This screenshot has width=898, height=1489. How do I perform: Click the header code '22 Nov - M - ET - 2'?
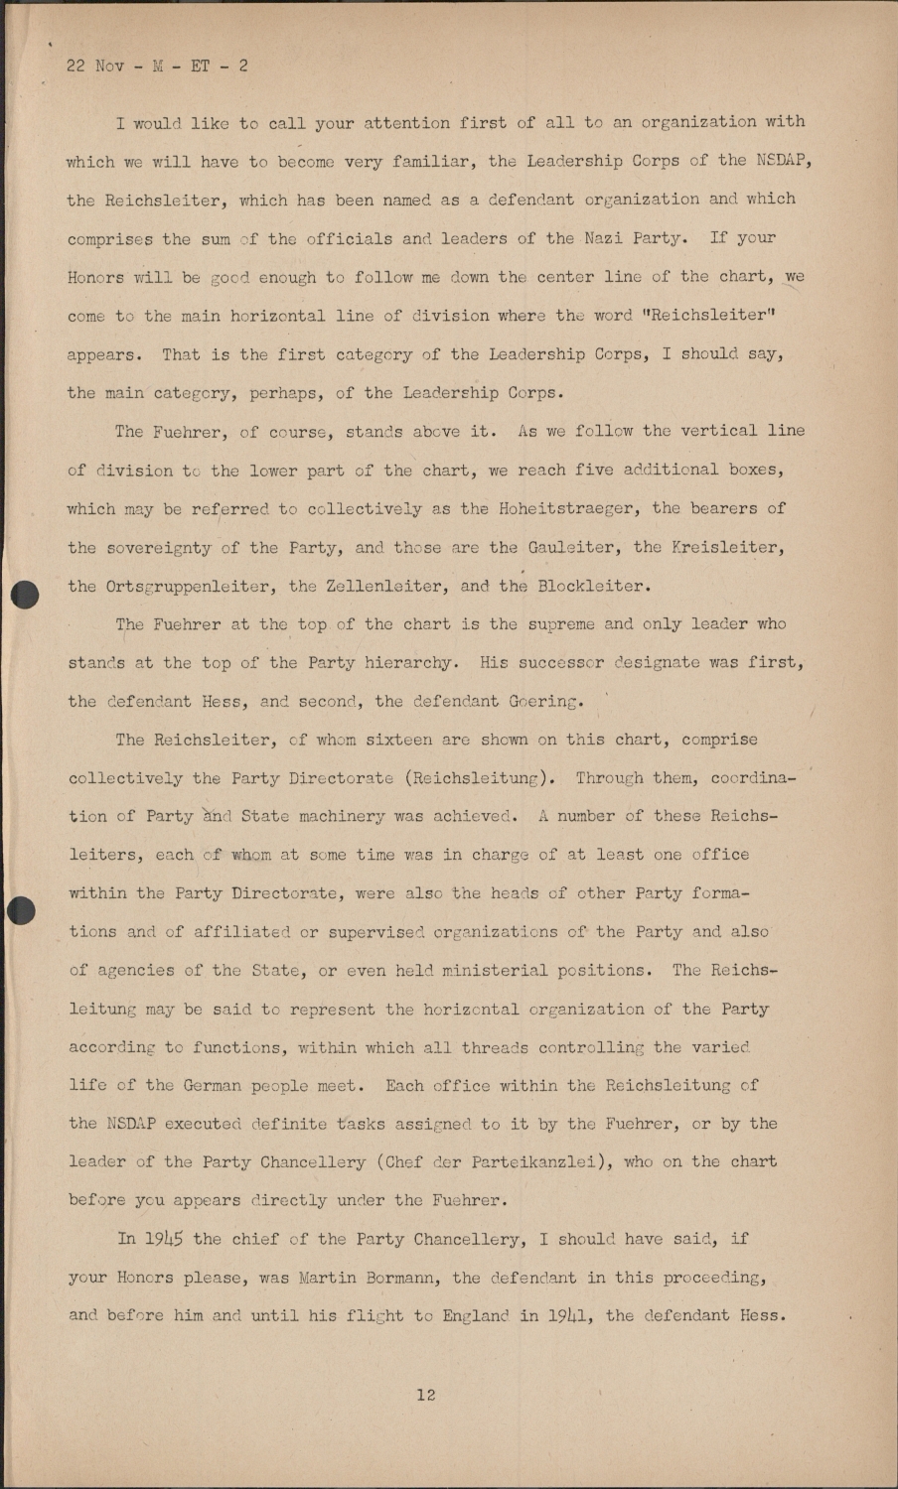pyautogui.click(x=157, y=67)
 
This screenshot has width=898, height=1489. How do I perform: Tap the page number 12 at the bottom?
pyautogui.click(x=426, y=1395)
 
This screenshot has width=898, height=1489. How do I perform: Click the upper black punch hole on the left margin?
pyautogui.click(x=23, y=594)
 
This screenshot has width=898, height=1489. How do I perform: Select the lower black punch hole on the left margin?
pyautogui.click(x=21, y=909)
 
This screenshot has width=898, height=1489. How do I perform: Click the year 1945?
pyautogui.click(x=164, y=1239)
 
